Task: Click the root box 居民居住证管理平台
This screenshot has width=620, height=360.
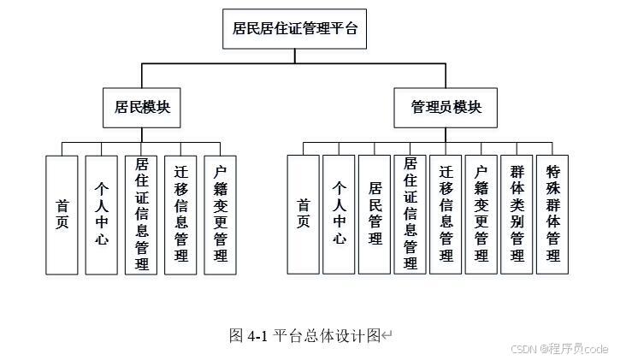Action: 295,28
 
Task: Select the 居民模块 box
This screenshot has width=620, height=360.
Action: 142,107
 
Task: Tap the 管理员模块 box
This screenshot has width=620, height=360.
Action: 446,107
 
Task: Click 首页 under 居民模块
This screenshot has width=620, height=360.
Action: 62,214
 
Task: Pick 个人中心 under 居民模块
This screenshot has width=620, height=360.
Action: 101,214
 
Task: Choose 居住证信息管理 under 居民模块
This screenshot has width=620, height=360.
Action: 141,214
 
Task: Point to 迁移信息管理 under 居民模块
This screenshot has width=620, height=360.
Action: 180,214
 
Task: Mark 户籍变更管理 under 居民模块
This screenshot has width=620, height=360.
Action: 220,214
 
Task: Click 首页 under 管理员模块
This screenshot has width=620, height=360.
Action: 303,214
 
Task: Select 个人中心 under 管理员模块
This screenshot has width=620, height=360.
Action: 339,214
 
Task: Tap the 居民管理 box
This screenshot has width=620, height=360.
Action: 375,214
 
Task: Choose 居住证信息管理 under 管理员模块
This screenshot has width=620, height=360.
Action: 410,214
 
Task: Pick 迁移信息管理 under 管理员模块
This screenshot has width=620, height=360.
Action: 446,214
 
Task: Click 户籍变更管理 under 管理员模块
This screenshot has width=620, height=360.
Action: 481,214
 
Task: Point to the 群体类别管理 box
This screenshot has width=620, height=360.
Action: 517,214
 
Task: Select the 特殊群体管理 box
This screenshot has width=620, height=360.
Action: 552,214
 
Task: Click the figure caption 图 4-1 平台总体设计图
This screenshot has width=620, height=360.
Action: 304,335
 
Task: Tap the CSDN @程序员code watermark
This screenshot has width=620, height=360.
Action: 559,349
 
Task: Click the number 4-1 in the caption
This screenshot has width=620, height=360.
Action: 258,336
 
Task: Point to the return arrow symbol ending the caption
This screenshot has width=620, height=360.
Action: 387,336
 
